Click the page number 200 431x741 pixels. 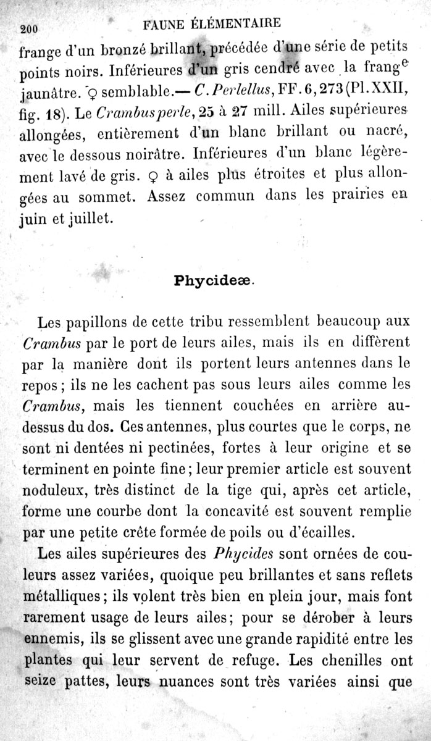click(x=30, y=28)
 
